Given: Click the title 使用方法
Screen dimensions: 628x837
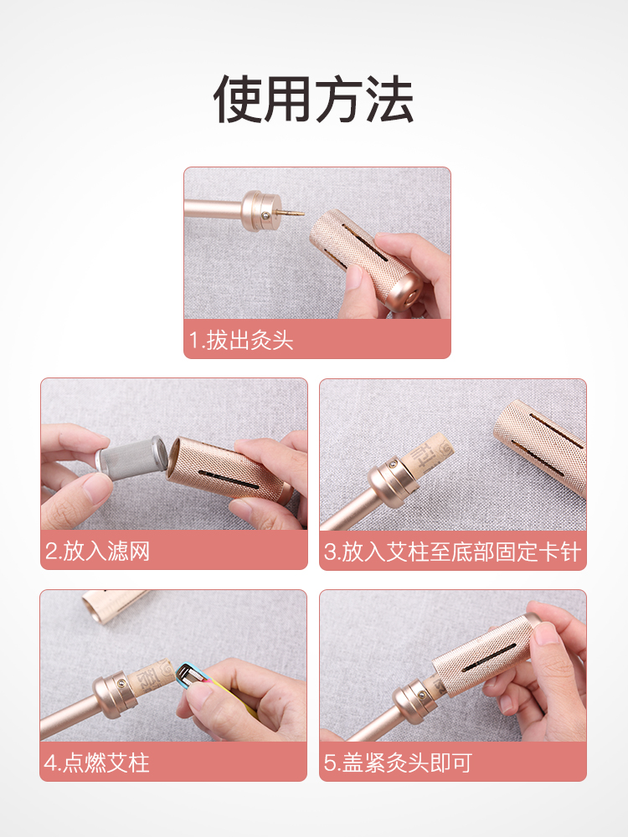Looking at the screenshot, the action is (x=313, y=100).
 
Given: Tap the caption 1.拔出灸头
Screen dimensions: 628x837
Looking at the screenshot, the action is (x=241, y=340).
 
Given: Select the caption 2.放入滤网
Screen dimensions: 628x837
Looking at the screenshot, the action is (x=97, y=551).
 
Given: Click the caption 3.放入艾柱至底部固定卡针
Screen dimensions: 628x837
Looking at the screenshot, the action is (x=452, y=552).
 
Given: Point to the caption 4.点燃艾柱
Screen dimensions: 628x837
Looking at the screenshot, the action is (x=96, y=763).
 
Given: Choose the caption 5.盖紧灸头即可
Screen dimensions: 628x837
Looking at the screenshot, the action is (x=398, y=763).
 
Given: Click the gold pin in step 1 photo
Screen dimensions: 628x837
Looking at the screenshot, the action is (x=291, y=212).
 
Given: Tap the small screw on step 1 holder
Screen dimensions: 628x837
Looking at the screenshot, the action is (x=265, y=216).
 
